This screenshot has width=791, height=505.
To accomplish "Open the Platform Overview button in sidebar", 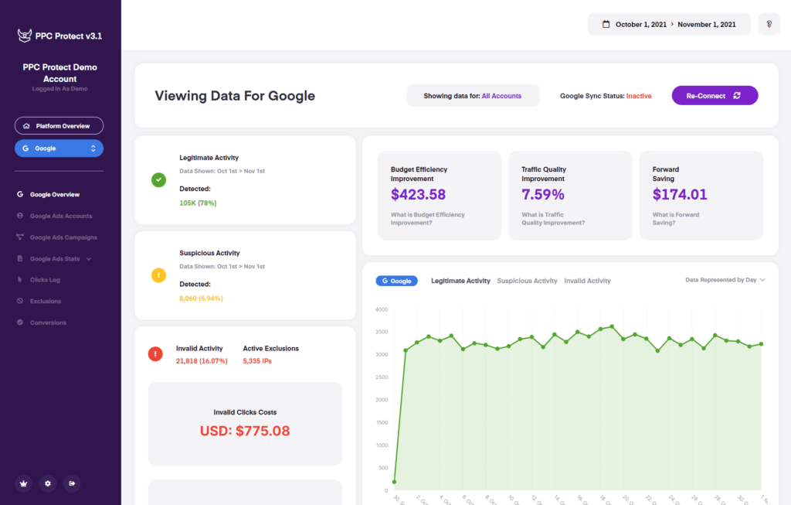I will tap(59, 126).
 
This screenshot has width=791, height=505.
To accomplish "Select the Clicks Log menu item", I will tap(45, 280).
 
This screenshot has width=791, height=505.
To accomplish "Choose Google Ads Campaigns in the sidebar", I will tap(63, 237).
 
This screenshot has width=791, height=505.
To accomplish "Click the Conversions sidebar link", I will tap(48, 322).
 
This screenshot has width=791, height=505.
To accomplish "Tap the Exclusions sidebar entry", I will tap(46, 301).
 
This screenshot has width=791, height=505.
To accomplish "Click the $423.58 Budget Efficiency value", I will tap(418, 195).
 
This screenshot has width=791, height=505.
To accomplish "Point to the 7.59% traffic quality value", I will tap(543, 195).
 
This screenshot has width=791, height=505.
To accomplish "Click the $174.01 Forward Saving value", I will tap(680, 195).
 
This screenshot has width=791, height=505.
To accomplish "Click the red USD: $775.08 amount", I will tap(245, 431).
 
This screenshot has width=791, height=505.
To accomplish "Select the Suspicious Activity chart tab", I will tap(527, 281).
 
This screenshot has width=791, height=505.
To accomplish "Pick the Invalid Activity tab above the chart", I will tap(587, 281).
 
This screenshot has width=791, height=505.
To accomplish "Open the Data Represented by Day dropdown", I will tap(725, 280).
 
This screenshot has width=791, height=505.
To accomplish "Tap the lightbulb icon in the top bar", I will tap(769, 24).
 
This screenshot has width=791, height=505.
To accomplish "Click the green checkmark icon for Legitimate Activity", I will tap(158, 180).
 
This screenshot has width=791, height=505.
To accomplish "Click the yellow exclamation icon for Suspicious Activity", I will tap(158, 275).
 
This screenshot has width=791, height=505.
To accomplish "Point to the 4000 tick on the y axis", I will tap(382, 309).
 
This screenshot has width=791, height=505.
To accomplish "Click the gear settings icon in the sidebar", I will tap(48, 483).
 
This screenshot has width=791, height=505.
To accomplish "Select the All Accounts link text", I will tap(501, 96).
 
